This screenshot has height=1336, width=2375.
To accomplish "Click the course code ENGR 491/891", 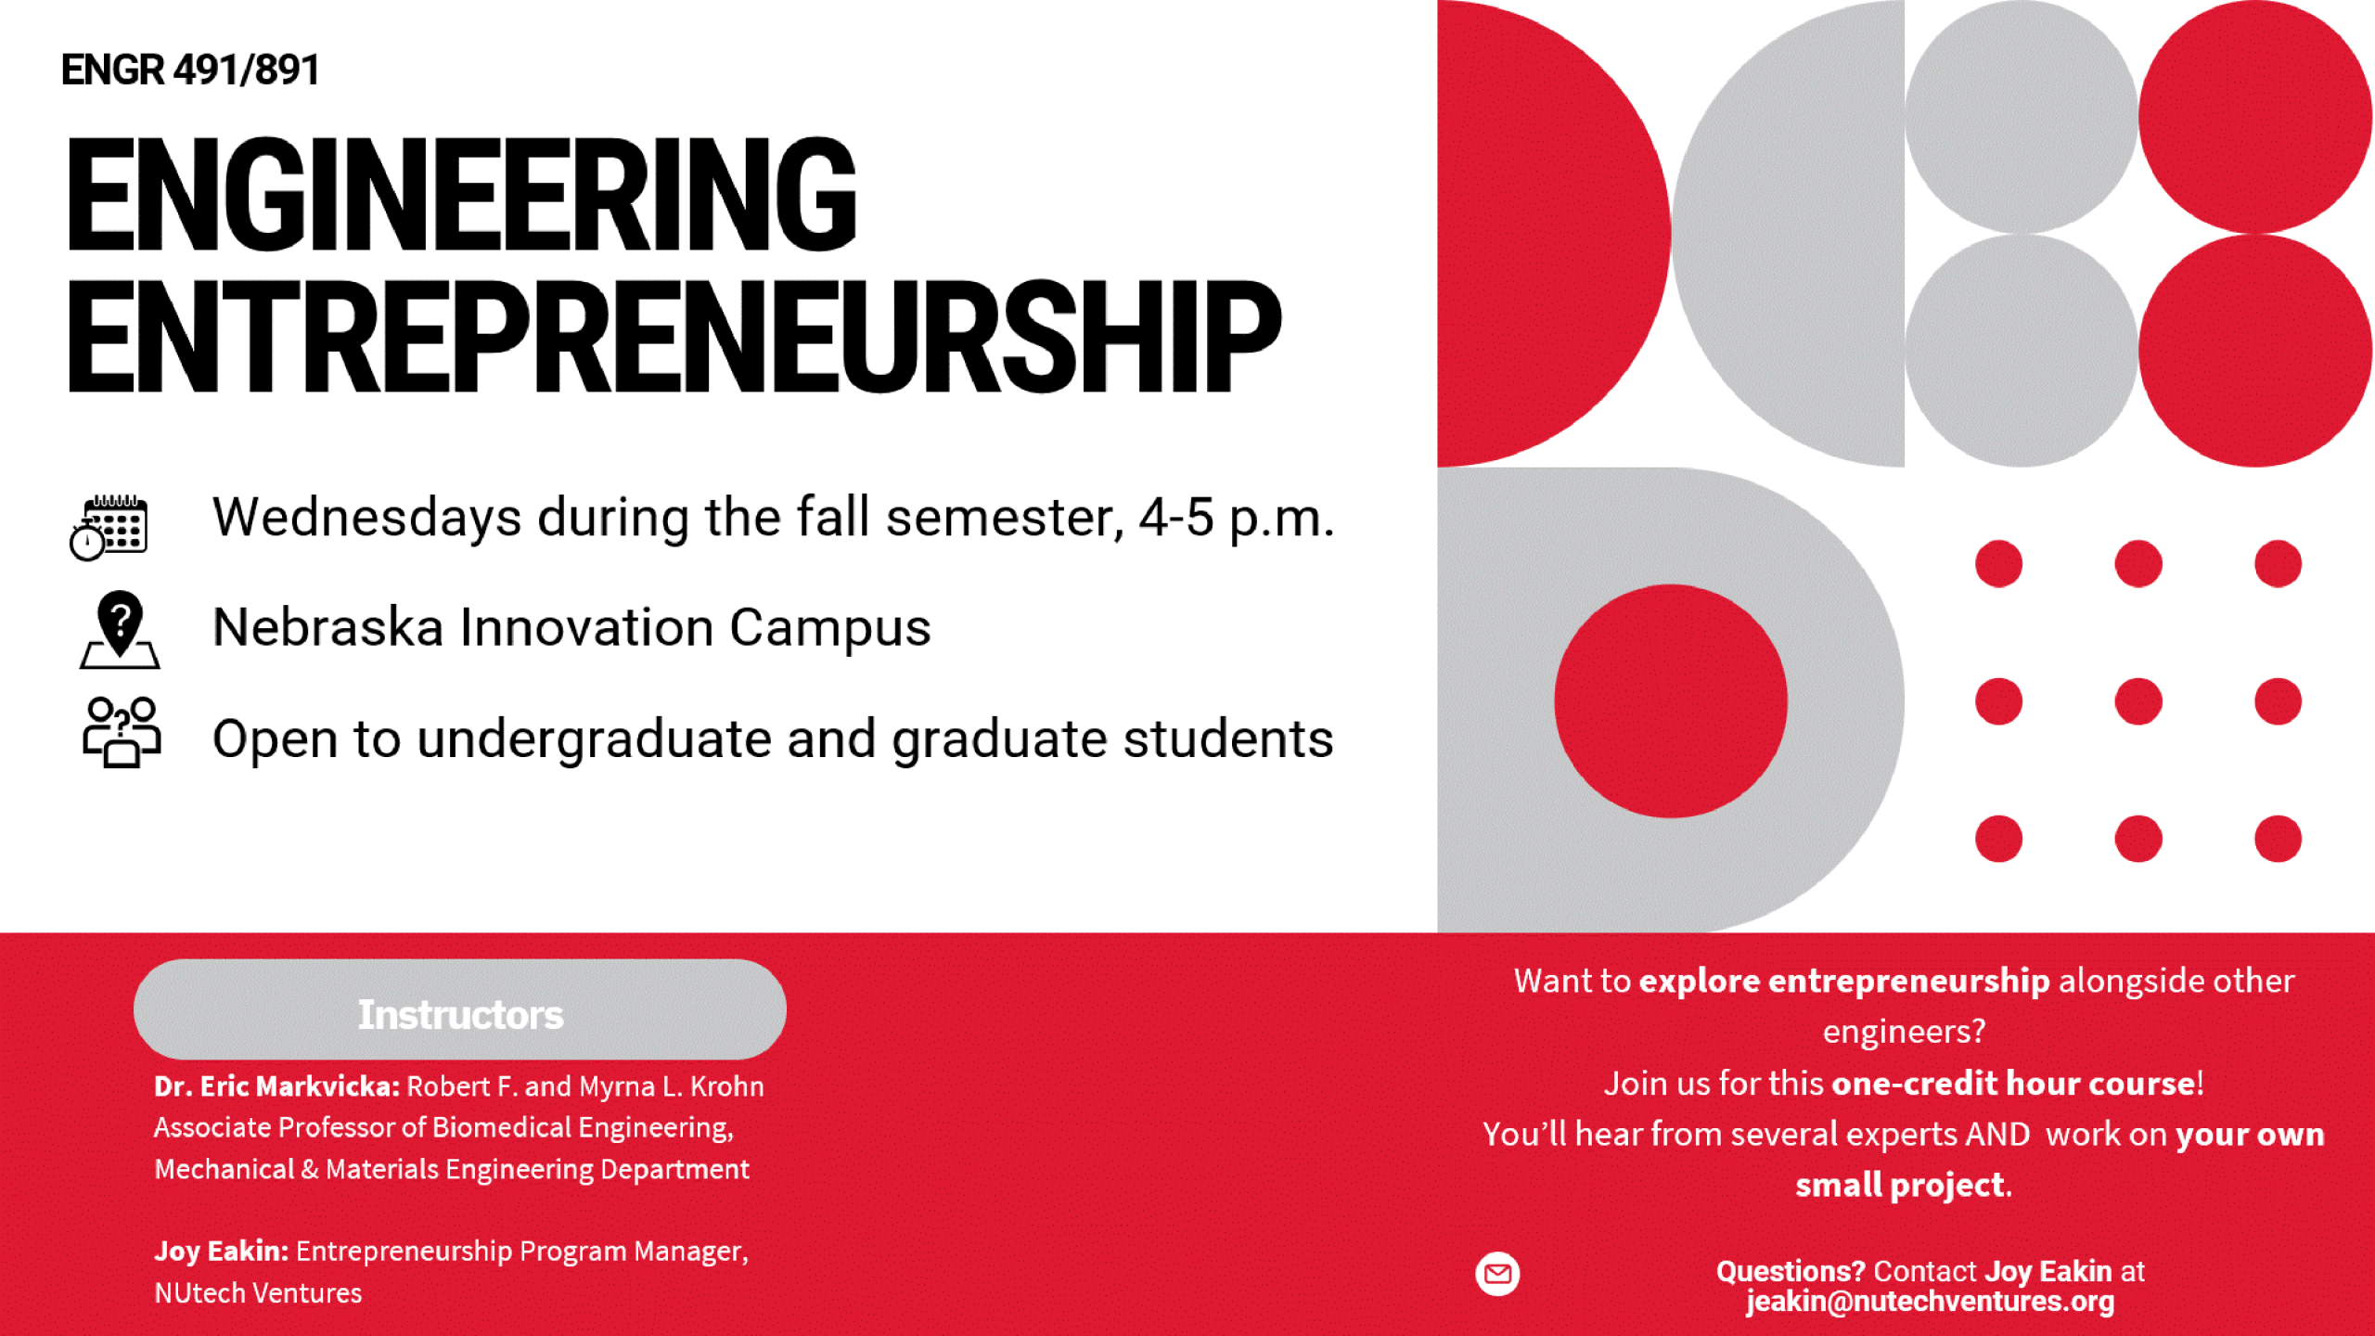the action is click(x=190, y=70).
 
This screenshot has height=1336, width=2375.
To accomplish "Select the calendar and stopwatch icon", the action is click(x=109, y=527).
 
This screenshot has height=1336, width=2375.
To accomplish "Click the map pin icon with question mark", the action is click(x=120, y=630).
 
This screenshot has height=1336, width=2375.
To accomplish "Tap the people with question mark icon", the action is click(x=122, y=733).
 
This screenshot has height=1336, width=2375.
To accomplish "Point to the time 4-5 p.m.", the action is click(x=1237, y=519).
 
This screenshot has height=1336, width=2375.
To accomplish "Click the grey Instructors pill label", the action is click(x=460, y=1009).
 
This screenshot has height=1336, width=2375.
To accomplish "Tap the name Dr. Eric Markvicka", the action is click(x=276, y=1086).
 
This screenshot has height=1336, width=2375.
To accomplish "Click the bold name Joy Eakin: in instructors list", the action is click(x=222, y=1252).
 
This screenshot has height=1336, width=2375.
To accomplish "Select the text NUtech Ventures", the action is click(x=258, y=1293).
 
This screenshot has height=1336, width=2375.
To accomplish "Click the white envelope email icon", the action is click(x=1497, y=1274).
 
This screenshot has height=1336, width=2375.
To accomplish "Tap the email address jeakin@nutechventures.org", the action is click(x=1931, y=1302).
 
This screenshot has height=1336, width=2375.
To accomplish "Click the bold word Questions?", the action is click(x=1791, y=1271).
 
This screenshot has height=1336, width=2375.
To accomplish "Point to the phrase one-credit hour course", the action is click(x=2014, y=1084).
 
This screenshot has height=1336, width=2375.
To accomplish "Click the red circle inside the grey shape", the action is click(x=1671, y=701).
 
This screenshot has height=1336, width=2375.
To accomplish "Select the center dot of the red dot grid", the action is click(x=2138, y=701).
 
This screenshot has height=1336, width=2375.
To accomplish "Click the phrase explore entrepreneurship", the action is click(x=1844, y=982).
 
